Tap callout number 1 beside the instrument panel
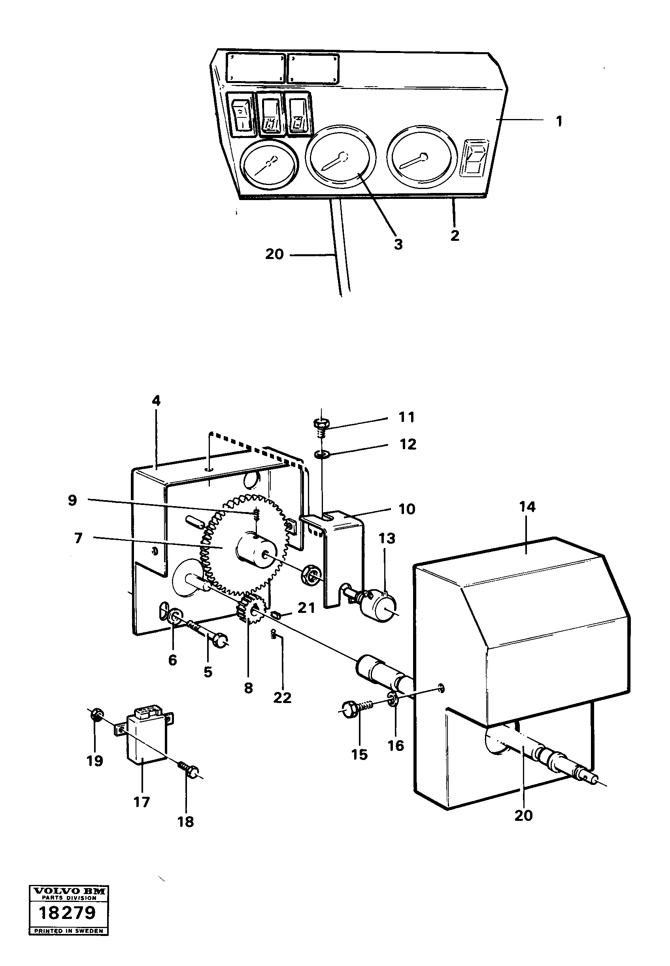(559, 121)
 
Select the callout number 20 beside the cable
(274, 254)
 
